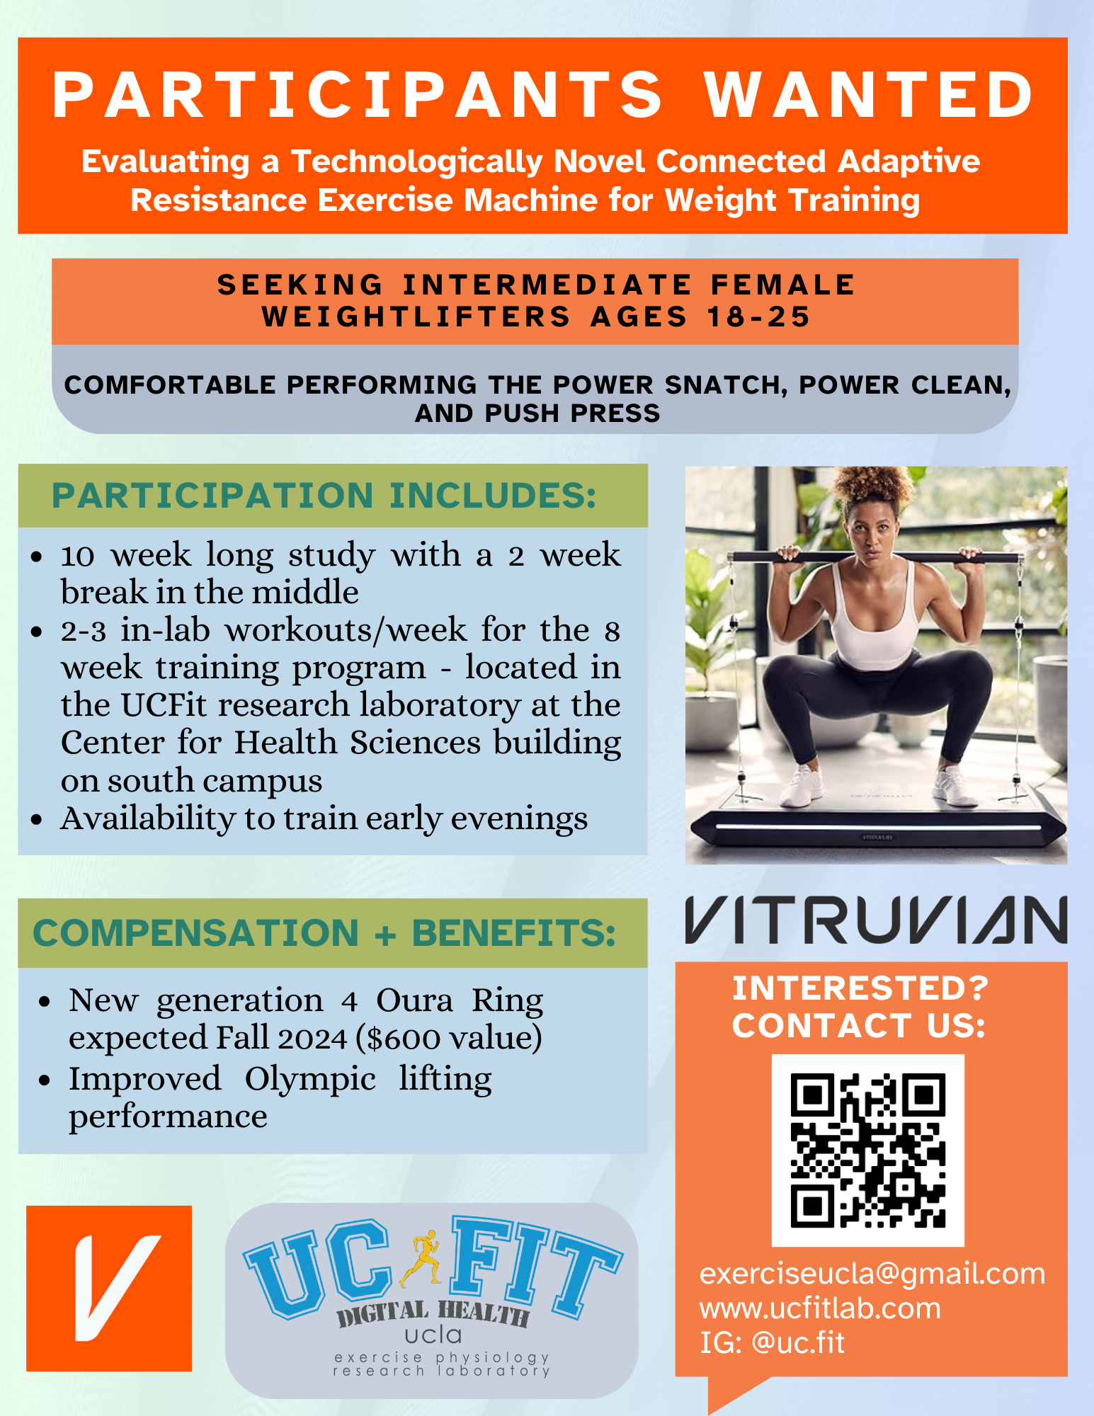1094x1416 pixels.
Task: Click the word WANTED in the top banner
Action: click(870, 95)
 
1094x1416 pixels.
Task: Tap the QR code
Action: click(867, 1150)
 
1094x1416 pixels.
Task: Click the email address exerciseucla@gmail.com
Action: click(872, 1274)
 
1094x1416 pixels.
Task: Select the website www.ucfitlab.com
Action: click(820, 1308)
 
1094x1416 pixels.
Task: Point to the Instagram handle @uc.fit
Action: click(798, 1343)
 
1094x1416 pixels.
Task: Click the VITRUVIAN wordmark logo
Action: click(876, 920)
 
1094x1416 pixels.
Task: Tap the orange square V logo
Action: click(109, 1289)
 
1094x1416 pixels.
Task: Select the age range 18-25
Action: click(759, 316)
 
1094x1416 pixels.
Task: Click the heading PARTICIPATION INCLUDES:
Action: click(324, 496)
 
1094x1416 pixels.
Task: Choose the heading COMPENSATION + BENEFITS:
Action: click(324, 932)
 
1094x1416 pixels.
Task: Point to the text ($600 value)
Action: click(449, 1039)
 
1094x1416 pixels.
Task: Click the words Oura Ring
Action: click(460, 1001)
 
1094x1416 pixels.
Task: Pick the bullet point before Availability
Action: click(38, 821)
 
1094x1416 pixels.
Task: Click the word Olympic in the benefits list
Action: click(310, 1080)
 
